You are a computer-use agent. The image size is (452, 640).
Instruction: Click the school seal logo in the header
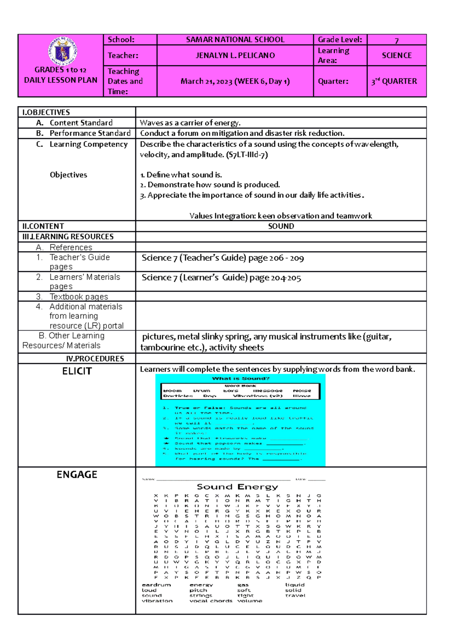[x=62, y=51]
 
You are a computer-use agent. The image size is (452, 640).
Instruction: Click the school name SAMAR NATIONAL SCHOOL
[x=235, y=40]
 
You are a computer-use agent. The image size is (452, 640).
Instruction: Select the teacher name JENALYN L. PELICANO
[x=235, y=55]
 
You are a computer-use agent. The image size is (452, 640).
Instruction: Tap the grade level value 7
[x=396, y=40]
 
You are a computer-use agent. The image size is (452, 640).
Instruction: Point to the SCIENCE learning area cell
[x=397, y=55]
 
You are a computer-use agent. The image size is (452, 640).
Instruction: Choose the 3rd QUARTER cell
[x=394, y=81]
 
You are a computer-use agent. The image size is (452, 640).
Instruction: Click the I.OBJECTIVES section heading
[x=46, y=112]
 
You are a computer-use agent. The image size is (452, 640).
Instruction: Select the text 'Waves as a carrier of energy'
[x=190, y=123]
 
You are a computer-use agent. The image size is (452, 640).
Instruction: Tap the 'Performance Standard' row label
[x=90, y=133]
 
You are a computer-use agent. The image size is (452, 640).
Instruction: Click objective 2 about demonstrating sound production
[x=210, y=185]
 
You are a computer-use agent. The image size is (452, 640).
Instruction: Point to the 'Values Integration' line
[x=281, y=216]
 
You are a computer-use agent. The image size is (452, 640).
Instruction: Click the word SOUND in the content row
[x=281, y=226]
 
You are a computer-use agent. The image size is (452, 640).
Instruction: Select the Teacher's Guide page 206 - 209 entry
[x=223, y=258]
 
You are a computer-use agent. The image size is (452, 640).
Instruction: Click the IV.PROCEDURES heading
[x=95, y=359]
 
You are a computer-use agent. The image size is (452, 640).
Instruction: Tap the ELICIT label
[x=77, y=371]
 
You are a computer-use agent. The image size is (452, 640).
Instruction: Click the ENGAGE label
[x=77, y=475]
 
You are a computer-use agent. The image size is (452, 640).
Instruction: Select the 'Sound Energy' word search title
[x=237, y=487]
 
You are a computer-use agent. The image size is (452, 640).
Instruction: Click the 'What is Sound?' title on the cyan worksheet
[x=241, y=378]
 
